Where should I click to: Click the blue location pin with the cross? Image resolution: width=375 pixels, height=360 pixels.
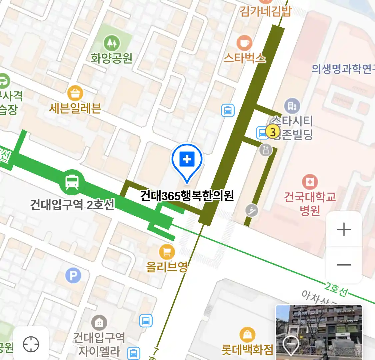point(187,160)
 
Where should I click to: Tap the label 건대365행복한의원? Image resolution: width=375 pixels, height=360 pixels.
point(187,196)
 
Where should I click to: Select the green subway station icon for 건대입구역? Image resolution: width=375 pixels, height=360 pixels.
point(72,182)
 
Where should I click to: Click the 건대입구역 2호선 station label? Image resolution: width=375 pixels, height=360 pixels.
point(72,204)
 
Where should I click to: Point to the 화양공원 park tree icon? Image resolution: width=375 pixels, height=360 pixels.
point(111,43)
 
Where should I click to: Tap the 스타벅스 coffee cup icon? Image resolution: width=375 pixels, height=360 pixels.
point(244,43)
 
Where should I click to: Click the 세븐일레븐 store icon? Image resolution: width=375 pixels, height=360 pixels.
point(75,94)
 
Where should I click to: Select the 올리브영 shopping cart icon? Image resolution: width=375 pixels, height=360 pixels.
point(167,252)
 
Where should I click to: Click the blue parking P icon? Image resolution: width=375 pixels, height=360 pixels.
point(73,276)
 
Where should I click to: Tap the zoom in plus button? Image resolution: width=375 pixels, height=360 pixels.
point(344,230)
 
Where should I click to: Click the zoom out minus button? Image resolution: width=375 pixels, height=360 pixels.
point(344,265)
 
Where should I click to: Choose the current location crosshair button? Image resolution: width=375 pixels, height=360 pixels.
point(31,344)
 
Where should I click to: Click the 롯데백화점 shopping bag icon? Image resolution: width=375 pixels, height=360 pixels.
point(247,335)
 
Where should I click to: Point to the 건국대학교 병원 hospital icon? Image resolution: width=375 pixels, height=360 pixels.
point(310,182)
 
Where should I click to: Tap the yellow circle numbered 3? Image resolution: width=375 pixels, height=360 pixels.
point(273,132)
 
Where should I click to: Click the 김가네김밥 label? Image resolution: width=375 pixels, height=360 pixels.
point(265,11)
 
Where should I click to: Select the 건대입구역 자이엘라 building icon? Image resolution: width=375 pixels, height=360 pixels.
point(99,323)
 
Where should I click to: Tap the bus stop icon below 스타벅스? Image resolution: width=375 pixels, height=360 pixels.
point(228,110)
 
